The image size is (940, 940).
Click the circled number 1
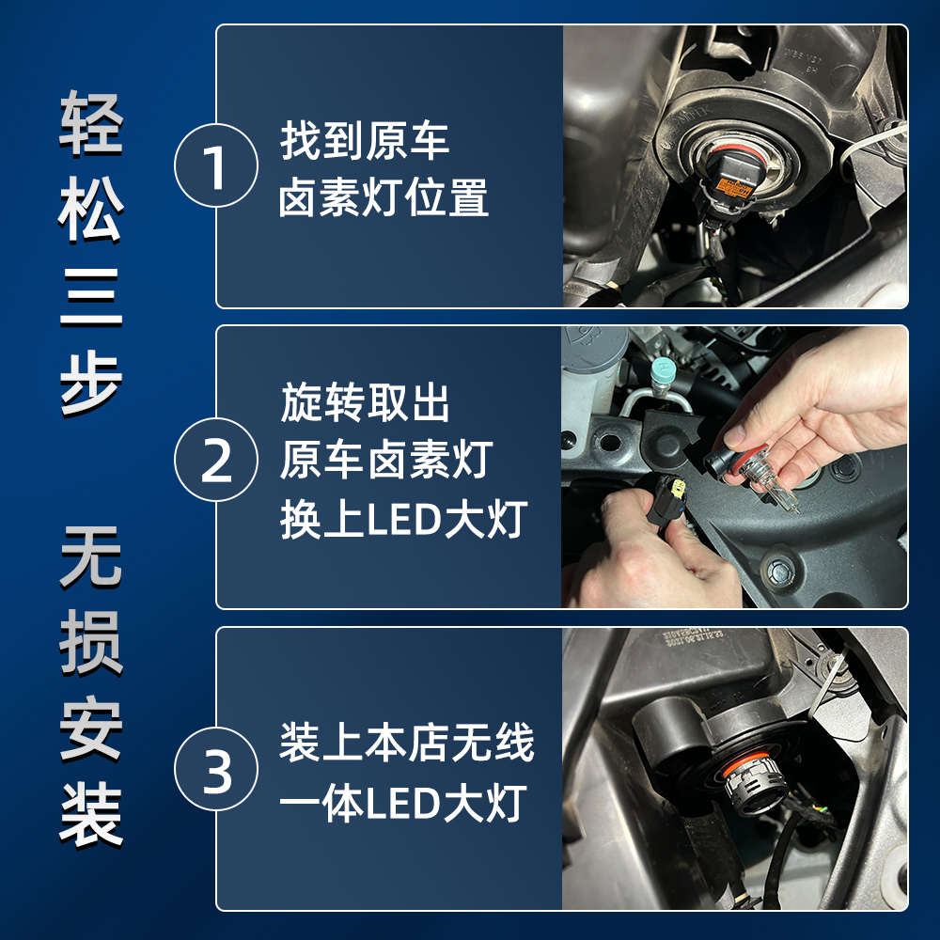point(216,165)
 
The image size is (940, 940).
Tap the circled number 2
point(216,460)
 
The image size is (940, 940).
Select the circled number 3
point(216,769)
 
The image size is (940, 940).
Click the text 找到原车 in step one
point(365,141)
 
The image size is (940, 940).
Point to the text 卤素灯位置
point(384,197)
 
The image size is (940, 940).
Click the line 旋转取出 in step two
point(365,402)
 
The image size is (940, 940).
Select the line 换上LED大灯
point(403,519)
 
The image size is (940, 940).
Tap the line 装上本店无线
point(406,744)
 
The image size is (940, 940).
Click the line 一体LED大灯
point(403,804)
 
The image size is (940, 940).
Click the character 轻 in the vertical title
point(91,124)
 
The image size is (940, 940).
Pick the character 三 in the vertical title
point(91,297)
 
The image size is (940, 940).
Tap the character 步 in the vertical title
point(91,384)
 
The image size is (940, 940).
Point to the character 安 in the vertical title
point(91,728)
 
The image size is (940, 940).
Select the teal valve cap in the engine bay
point(662,369)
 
